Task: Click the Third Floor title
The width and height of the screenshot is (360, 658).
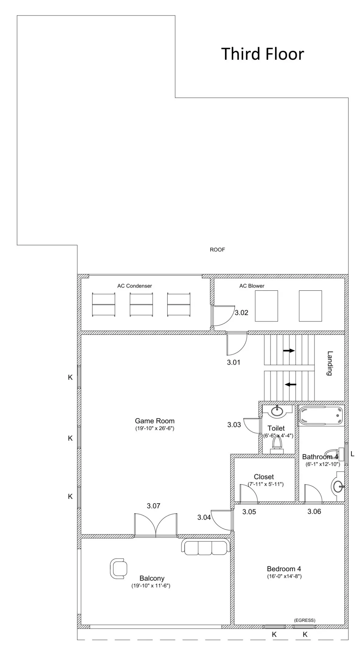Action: pyautogui.click(x=262, y=54)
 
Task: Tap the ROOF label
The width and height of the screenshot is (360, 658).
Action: pyautogui.click(x=217, y=250)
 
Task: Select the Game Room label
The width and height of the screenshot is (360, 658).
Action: pyautogui.click(x=155, y=421)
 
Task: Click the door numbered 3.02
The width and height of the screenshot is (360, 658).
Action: pyautogui.click(x=223, y=316)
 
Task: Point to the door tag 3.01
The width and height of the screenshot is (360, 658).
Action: pyautogui.click(x=233, y=362)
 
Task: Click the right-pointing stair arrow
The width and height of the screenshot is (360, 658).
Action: pyautogui.click(x=289, y=351)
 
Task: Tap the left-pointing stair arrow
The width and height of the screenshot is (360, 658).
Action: pyautogui.click(x=290, y=384)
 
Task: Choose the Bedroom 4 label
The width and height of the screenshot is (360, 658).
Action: pyautogui.click(x=284, y=568)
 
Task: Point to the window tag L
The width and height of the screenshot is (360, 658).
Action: pyautogui.click(x=353, y=454)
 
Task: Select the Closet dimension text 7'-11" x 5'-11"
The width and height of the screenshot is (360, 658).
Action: pyautogui.click(x=266, y=484)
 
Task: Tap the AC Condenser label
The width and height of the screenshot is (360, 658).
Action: pyautogui.click(x=134, y=286)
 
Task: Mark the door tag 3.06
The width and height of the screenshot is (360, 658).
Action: pyautogui.click(x=314, y=511)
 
